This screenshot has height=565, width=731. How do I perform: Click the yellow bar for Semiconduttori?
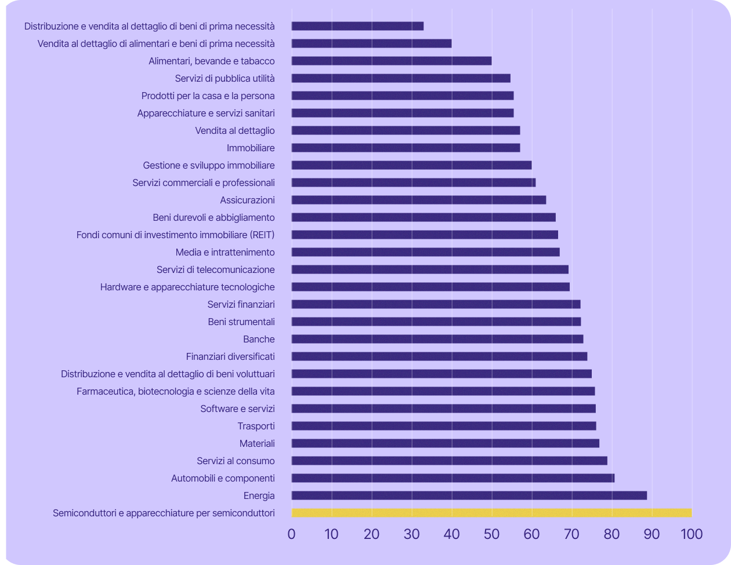click(491, 513)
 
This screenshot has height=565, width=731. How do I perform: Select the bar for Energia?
click(469, 495)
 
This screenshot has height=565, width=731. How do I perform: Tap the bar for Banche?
click(437, 339)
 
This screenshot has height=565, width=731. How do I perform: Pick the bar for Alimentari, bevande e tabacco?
click(392, 61)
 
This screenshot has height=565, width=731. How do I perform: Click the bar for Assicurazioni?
click(418, 200)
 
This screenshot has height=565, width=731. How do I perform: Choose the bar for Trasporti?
click(443, 426)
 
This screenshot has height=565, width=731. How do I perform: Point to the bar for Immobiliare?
click(406, 148)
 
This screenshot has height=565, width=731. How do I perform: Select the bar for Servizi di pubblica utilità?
click(401, 78)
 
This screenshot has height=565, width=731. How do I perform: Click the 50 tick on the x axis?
click(491, 534)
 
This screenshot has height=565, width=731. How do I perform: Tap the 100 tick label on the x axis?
click(690, 534)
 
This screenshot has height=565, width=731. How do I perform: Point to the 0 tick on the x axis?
click(291, 534)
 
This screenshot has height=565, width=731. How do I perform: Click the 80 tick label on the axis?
click(611, 534)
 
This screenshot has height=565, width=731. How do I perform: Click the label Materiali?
click(257, 443)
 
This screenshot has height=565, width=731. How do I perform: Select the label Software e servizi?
click(237, 409)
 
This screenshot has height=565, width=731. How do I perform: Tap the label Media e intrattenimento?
click(225, 252)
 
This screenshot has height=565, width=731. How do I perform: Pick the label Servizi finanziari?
click(241, 304)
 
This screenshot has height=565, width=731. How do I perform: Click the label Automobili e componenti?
click(223, 478)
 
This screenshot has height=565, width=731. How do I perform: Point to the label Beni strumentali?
click(241, 322)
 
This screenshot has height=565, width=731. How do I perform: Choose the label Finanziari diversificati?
click(230, 356)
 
